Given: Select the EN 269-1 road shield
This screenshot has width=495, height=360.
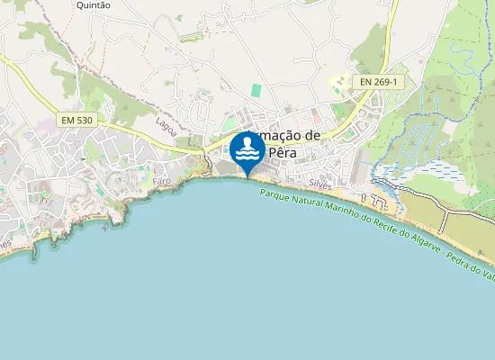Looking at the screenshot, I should tap(378, 82).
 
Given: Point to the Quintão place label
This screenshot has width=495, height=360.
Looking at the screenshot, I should tap(94, 5).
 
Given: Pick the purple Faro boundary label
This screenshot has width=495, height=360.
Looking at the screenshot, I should tap(162, 181).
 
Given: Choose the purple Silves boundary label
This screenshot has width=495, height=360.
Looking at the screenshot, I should tap(320, 183).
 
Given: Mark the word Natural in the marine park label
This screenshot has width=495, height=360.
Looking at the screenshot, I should tap(302, 202).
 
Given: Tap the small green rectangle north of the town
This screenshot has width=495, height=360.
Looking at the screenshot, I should tap(256, 91).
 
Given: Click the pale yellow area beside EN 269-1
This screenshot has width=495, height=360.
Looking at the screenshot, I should tap(339, 84).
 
